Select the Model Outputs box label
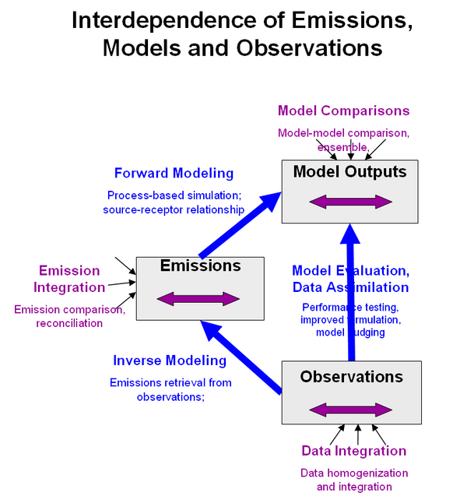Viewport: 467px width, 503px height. pyautogui.click(x=349, y=171)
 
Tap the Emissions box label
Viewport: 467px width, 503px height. pyautogui.click(x=200, y=266)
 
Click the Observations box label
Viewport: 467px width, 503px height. pyautogui.click(x=351, y=377)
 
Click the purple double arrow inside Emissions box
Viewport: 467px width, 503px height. pyautogui.click(x=198, y=298)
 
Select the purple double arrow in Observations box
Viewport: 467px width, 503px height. pyautogui.click(x=351, y=410)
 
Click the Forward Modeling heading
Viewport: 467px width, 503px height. pyautogui.click(x=174, y=173)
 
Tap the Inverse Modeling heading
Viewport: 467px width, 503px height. pyautogui.click(x=170, y=361)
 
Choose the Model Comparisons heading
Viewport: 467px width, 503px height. pyautogui.click(x=343, y=111)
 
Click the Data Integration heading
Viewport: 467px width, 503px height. pyautogui.click(x=353, y=451)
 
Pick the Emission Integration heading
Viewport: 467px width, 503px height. pyautogui.click(x=69, y=279)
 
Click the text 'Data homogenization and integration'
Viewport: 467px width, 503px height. pyautogui.click(x=354, y=480)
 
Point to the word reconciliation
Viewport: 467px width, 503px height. pyautogui.click(x=69, y=323)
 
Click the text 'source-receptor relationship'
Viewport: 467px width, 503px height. pyautogui.click(x=174, y=209)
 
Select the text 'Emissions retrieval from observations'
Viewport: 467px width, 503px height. pyautogui.click(x=170, y=389)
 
